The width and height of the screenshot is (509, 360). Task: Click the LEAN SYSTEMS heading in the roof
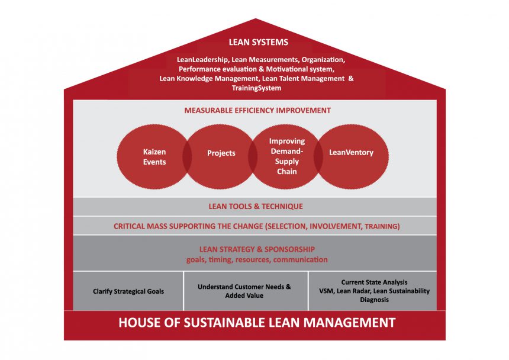pyautogui.click(x=259, y=42)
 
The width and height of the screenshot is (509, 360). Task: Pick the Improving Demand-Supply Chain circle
pyautogui.click(x=285, y=157)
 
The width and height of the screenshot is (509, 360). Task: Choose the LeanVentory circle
pyautogui.click(x=351, y=157)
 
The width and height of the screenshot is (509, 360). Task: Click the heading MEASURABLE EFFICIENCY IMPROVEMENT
pyautogui.click(x=257, y=110)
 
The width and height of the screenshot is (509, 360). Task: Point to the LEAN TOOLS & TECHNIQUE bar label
pyautogui.click(x=256, y=207)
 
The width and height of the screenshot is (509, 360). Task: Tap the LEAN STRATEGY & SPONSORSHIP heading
pyautogui.click(x=257, y=249)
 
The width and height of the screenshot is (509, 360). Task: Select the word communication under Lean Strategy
pyautogui.click(x=300, y=260)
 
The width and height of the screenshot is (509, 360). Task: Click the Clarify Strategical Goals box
pyautogui.click(x=128, y=291)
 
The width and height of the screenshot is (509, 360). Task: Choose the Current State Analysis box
pyautogui.click(x=373, y=291)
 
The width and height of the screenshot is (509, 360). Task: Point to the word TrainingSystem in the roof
pyautogui.click(x=256, y=88)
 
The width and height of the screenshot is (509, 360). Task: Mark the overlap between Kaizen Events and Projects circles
pyautogui.click(x=187, y=157)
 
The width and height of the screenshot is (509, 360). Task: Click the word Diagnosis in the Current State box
pyautogui.click(x=374, y=300)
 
